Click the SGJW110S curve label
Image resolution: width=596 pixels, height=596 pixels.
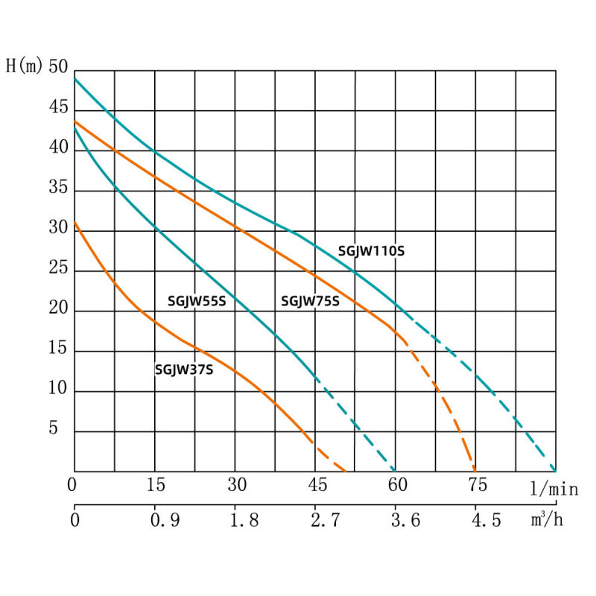(x=371, y=251)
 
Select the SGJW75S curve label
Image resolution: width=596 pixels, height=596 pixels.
(x=310, y=302)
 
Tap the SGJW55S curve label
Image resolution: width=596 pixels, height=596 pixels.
(x=196, y=302)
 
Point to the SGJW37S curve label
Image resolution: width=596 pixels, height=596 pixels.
(x=184, y=368)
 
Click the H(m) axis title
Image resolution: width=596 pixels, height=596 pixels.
(x=25, y=66)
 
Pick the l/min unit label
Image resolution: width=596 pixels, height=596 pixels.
(x=554, y=488)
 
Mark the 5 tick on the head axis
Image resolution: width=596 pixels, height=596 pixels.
(x=63, y=429)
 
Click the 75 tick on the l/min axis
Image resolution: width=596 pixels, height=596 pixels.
(x=478, y=486)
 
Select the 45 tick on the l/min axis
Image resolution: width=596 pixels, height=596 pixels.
(x=317, y=486)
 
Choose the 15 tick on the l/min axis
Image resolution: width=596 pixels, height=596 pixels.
(x=156, y=486)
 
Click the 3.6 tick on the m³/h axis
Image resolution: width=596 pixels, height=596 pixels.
(x=406, y=520)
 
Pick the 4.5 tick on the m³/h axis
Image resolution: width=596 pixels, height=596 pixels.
(x=486, y=520)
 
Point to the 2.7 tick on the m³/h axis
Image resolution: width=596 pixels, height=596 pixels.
(x=326, y=520)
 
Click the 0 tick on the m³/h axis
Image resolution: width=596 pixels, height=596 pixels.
(x=74, y=520)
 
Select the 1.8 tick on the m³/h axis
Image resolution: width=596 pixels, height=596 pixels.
(x=244, y=520)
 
